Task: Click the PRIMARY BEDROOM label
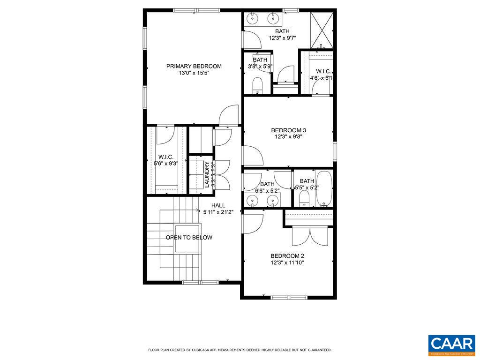click(x=194, y=66)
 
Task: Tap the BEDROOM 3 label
click(x=288, y=130)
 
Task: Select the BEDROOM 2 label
click(x=287, y=255)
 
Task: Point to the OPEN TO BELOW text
click(x=188, y=238)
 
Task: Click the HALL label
click(x=218, y=205)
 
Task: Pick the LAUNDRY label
click(x=207, y=174)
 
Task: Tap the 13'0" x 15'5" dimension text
click(x=194, y=73)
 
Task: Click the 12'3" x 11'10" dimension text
click(x=287, y=262)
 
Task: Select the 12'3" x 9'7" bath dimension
click(x=282, y=38)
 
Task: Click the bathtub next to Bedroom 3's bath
click(x=324, y=189)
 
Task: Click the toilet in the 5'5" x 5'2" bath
click(x=305, y=198)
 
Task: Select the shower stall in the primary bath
click(x=322, y=29)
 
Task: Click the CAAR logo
click(x=451, y=345)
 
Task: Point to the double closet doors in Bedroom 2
click(x=310, y=236)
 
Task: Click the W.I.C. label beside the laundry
click(x=166, y=157)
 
